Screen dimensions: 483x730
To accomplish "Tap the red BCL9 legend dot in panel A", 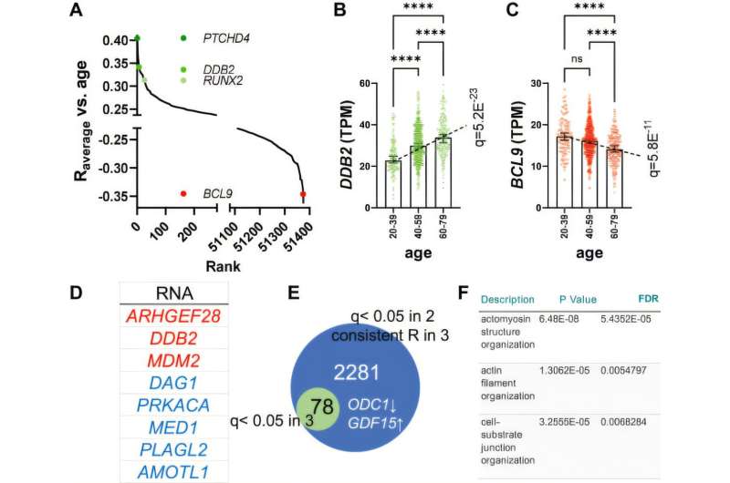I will pos(183,193).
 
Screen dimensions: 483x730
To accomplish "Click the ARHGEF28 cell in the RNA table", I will pos(173,315).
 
